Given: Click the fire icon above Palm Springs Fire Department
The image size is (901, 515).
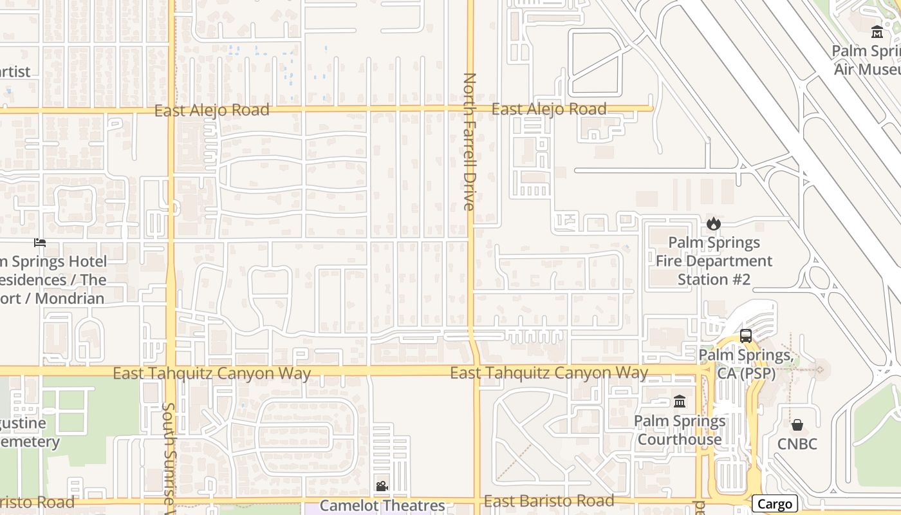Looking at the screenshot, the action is (x=713, y=224).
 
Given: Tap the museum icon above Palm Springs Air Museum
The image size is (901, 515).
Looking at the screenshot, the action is (x=877, y=32).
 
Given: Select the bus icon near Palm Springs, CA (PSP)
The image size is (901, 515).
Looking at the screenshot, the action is (x=745, y=336).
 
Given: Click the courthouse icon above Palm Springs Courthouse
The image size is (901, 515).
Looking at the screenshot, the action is (x=680, y=402).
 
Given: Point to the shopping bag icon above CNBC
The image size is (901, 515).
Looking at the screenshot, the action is (x=797, y=425).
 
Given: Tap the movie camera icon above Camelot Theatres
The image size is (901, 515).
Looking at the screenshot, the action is (x=382, y=486).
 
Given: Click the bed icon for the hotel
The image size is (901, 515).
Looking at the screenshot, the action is (x=40, y=243).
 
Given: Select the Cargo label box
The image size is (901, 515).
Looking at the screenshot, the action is (x=774, y=504).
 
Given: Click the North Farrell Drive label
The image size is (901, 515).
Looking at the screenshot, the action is (x=469, y=142).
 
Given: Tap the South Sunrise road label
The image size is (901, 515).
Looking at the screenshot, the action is (x=169, y=457).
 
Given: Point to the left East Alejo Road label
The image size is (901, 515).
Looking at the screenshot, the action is (x=212, y=111).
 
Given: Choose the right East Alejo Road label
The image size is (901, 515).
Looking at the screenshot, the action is (x=549, y=109).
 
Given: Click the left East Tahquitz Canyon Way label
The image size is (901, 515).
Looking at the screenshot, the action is (x=212, y=373).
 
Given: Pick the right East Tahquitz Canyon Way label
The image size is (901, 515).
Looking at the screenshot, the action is (x=549, y=373).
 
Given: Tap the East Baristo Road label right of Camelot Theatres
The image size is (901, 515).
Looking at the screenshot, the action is (x=549, y=501).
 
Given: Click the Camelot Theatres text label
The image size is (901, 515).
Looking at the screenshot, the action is (x=382, y=505).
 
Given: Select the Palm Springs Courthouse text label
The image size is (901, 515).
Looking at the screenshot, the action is (x=680, y=430).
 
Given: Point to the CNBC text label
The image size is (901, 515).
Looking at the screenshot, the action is (x=797, y=444).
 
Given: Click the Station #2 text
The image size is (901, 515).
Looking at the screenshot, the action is (x=714, y=279).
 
